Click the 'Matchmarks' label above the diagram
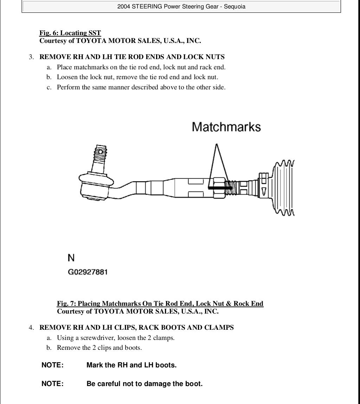coord(226,127)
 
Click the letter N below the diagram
coord(71,258)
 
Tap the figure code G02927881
coord(88,272)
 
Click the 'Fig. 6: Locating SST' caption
coord(70,33)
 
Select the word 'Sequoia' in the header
coord(234,6)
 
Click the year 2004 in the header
coord(123,6)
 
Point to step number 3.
coord(31,57)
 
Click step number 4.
coord(31,328)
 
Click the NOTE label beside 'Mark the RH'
coord(52,365)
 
